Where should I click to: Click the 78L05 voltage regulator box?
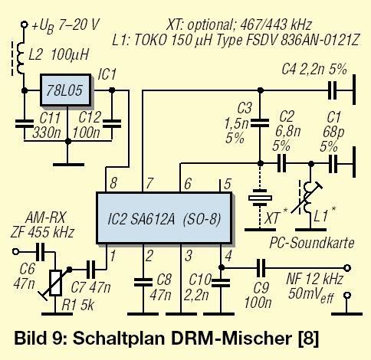click(x=66, y=90)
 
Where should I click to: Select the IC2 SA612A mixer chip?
click(x=164, y=218)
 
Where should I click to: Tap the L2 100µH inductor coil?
click(x=21, y=58)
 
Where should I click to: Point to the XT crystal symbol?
click(x=260, y=198)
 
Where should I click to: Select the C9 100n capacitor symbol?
click(x=261, y=268)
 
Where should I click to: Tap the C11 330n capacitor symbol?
click(x=25, y=123)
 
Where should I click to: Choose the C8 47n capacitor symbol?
click(x=143, y=282)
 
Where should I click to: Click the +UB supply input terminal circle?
click(x=25, y=25)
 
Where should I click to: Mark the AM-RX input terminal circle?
click(x=15, y=252)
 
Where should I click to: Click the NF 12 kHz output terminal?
click(x=347, y=268)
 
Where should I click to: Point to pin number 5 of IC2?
click(x=227, y=184)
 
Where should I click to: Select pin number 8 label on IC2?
click(x=113, y=183)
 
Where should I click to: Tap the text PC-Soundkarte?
click(x=312, y=243)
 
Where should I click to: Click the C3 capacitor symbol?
click(x=260, y=123)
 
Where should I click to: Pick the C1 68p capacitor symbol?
click(x=333, y=164)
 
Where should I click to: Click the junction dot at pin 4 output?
click(x=222, y=268)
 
